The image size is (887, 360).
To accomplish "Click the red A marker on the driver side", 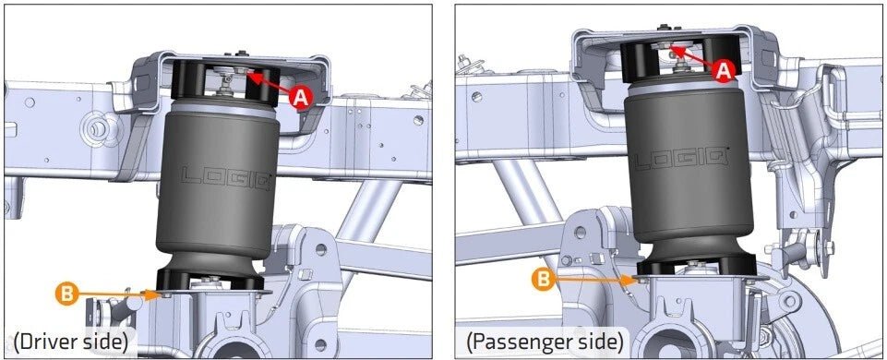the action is coord(300,98).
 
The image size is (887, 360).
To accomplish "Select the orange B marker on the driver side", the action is coord(66,294).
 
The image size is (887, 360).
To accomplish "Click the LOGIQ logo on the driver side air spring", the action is coord(226,176).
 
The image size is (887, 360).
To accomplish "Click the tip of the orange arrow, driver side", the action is coord(159,294).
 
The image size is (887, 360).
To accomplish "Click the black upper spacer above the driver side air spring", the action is coord(226,84).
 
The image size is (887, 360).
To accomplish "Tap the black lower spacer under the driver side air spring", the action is coord(210,280).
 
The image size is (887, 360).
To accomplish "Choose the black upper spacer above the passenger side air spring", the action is coord(680,58).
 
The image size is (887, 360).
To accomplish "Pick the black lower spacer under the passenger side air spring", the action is coord(697,264).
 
